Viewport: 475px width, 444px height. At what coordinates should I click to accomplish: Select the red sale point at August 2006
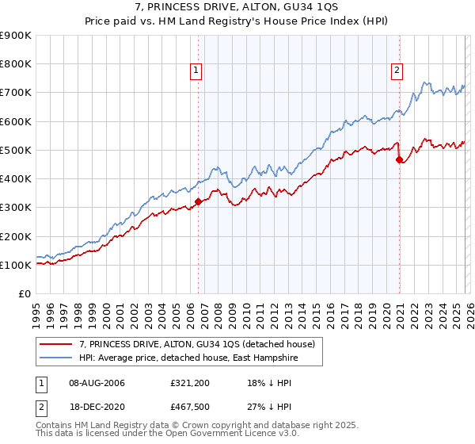pos(198,201)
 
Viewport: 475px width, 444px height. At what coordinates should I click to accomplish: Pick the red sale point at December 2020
pos(399,159)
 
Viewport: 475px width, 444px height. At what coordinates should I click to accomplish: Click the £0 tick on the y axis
pos(25,293)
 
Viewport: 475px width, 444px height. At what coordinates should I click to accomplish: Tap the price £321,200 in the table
pos(189,383)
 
